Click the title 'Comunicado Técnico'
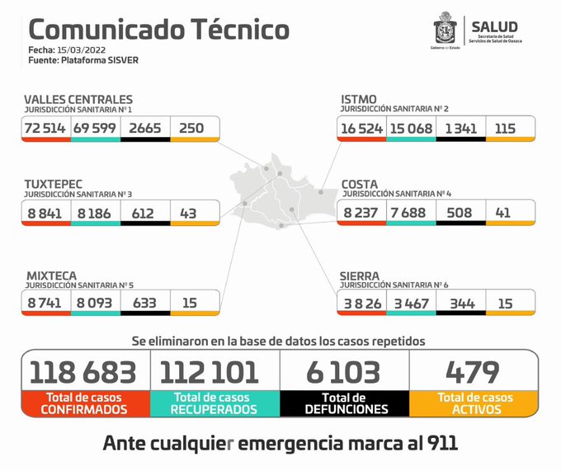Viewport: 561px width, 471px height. [158, 30]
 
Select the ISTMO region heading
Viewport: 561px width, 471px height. [359, 100]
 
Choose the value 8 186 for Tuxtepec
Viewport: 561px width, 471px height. [95, 213]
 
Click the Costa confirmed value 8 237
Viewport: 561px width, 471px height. [361, 213]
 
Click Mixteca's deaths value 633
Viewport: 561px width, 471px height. [144, 304]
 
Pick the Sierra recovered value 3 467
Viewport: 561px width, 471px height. [410, 304]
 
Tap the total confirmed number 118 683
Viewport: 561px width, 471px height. [84, 372]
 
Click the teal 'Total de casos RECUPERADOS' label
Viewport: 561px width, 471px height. [215, 403]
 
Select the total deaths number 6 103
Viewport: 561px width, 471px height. [345, 372]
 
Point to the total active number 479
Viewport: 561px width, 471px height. [473, 372]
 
